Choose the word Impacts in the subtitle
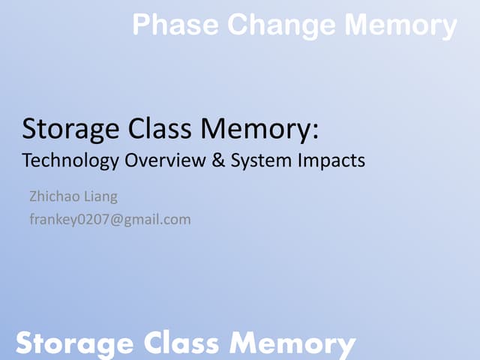pos(329,160)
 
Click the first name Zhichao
pos(53,197)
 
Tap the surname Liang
pos(100,198)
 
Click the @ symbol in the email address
pos(113,220)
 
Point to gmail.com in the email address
pos(156,220)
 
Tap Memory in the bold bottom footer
pos(292,343)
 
